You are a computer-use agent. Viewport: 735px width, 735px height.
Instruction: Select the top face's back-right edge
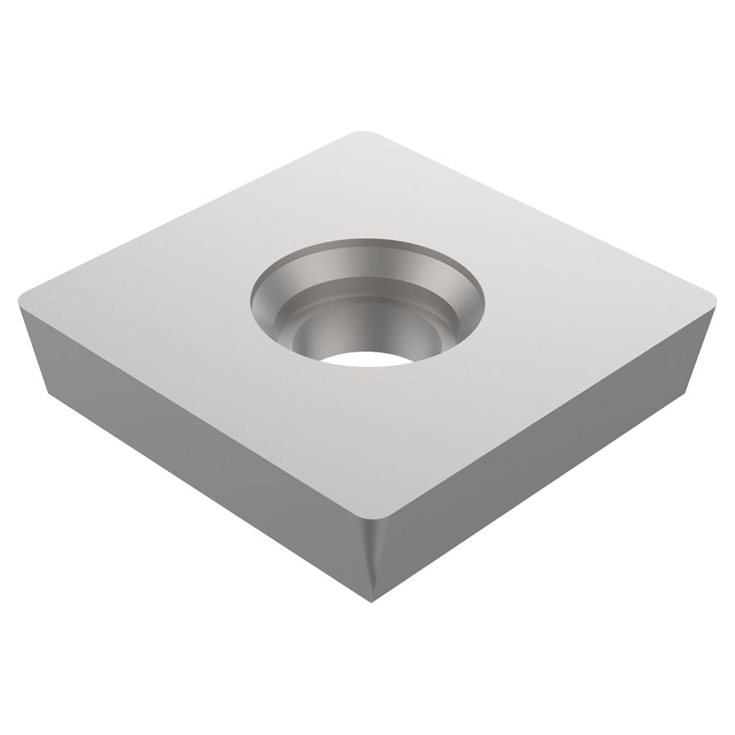(546, 212)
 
